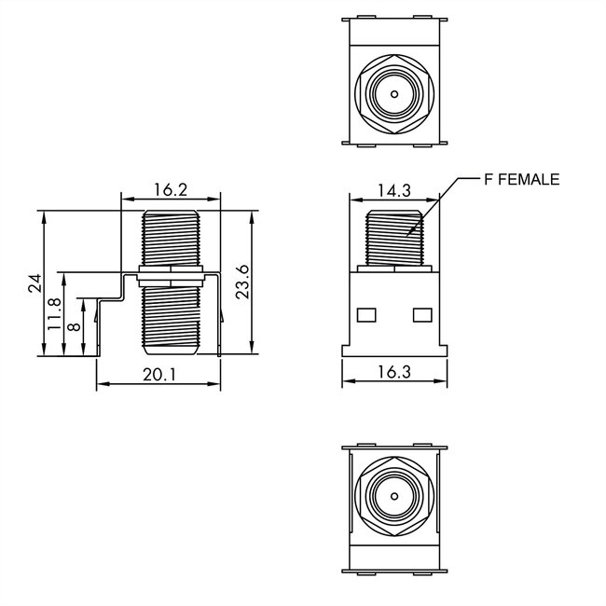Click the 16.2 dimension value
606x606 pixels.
coord(171,190)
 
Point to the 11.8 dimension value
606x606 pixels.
coord(55,314)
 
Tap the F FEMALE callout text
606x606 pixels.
coord(521,179)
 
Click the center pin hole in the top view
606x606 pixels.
coord(393,94)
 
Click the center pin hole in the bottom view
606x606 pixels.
coord(393,493)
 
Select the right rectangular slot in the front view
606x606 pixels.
coord(421,314)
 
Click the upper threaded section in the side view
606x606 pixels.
coord(171,241)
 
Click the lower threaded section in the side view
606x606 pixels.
coord(171,317)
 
